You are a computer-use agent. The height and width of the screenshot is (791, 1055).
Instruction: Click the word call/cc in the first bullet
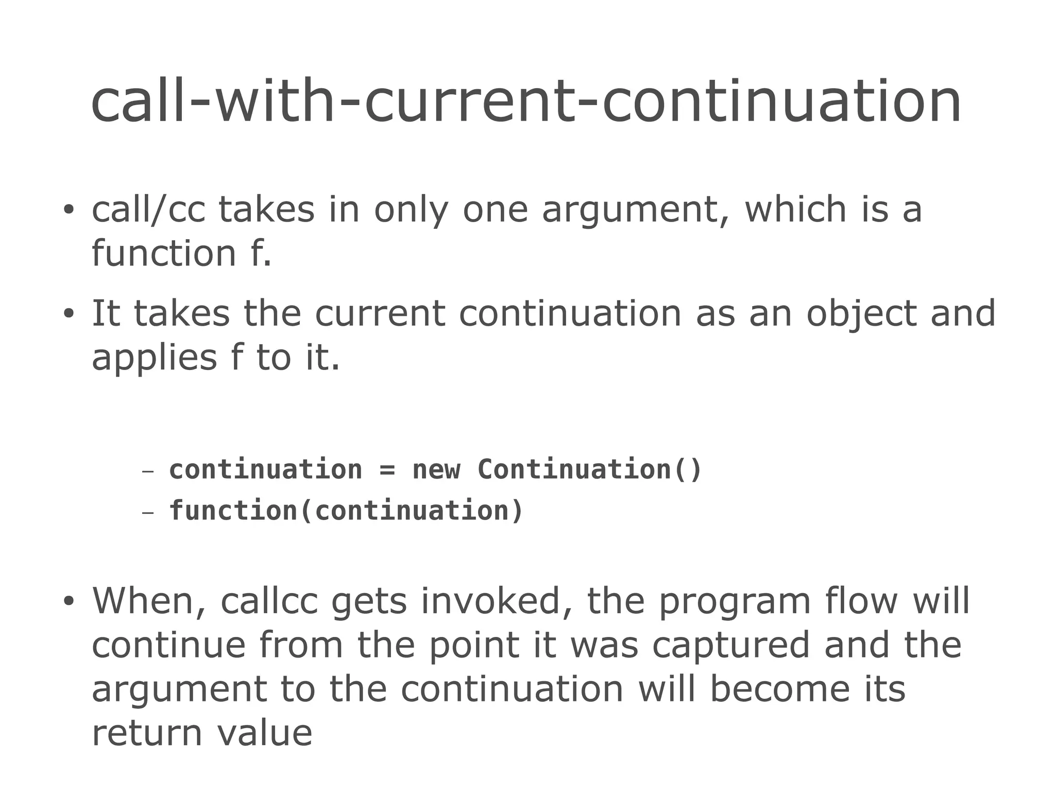148,210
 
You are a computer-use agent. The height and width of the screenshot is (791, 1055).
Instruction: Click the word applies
154,359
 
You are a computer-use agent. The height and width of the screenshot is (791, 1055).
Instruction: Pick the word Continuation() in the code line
589,469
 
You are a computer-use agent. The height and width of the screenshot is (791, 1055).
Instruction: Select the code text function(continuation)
346,511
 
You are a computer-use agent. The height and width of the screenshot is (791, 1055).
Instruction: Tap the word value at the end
264,733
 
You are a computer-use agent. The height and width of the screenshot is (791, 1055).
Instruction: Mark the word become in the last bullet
779,689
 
